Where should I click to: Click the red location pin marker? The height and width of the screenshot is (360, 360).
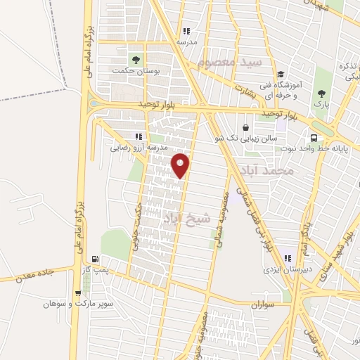point(181,165)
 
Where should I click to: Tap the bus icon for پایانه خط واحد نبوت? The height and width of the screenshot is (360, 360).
point(314,138)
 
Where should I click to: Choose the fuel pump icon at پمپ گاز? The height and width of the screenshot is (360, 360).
point(95,259)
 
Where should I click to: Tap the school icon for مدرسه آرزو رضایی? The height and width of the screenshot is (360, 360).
point(138,136)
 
